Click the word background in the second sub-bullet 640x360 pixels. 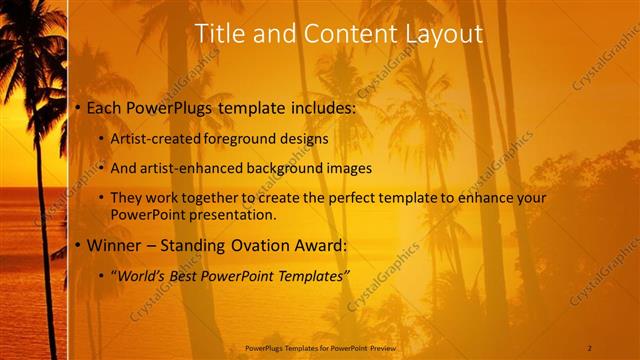(287, 167)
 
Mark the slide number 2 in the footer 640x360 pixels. (590, 347)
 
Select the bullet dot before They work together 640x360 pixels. (101, 198)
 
